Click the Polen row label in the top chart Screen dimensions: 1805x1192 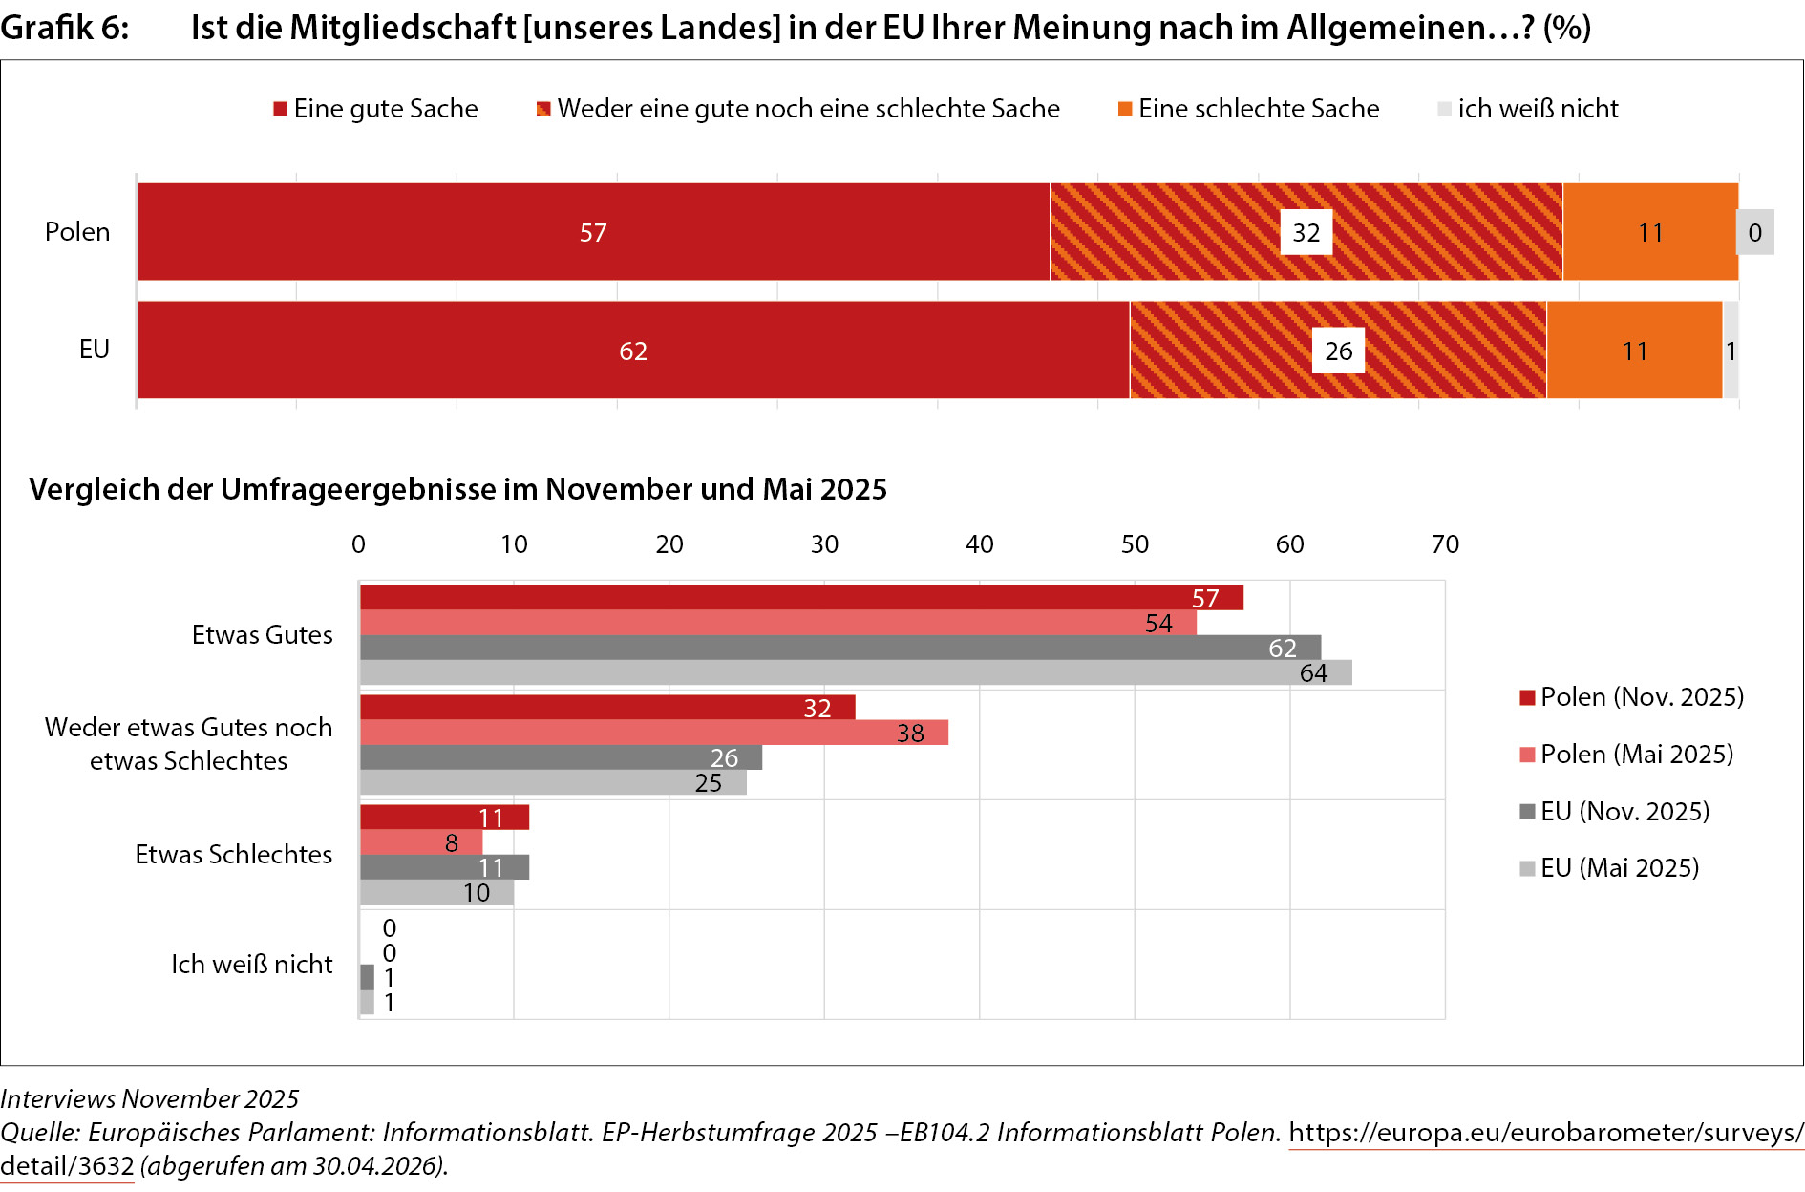[77, 232]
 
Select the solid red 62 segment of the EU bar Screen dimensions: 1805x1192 [633, 350]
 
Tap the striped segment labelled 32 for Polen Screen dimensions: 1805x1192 [1306, 232]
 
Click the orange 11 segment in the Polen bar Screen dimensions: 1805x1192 [1650, 232]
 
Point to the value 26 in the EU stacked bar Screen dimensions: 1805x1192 [1338, 351]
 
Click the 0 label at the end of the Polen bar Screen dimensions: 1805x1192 [1755, 232]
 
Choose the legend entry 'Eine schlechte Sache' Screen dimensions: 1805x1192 [1249, 109]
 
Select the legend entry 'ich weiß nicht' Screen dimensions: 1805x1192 [1528, 109]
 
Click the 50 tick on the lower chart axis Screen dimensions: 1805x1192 [1135, 544]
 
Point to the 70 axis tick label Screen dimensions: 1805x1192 [1445, 544]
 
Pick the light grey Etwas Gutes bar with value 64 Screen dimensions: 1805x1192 [856, 672]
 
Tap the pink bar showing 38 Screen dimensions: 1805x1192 [654, 733]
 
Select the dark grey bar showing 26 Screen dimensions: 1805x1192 [561, 757]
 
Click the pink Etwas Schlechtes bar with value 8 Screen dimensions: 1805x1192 [421, 842]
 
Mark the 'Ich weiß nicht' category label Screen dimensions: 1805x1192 [252, 964]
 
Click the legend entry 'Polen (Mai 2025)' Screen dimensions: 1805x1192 [1626, 755]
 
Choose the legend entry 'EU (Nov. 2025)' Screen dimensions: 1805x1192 [1615, 812]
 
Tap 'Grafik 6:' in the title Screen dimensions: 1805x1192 [65, 28]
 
